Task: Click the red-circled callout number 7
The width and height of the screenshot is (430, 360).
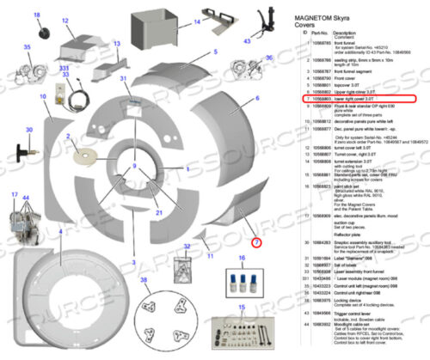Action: click(255, 243)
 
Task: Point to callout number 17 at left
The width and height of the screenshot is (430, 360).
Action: click(15, 196)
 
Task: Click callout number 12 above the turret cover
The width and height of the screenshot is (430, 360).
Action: click(67, 16)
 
